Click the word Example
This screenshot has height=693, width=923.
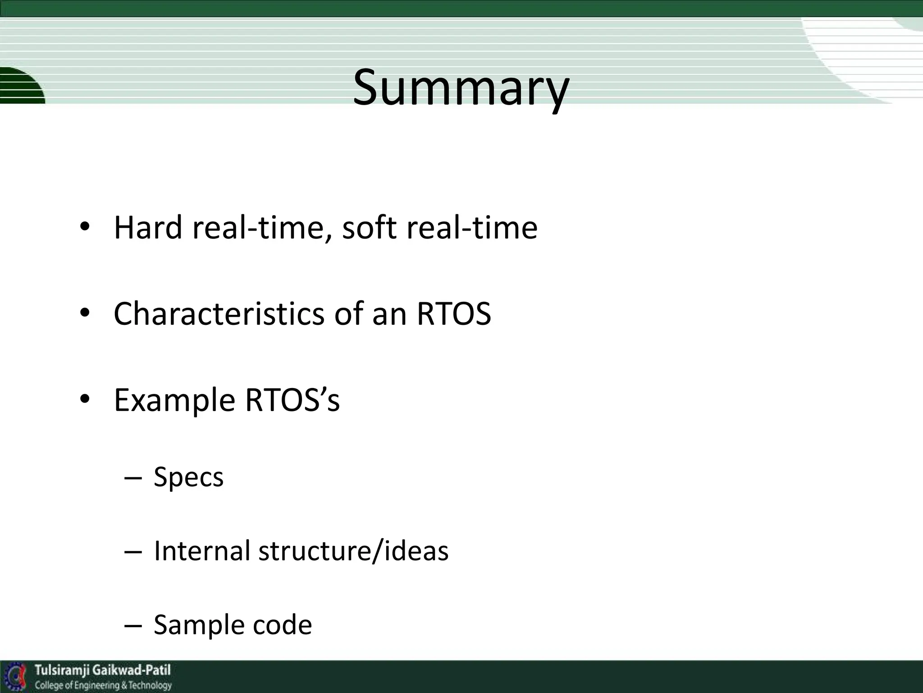tap(174, 400)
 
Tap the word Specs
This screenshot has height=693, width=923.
tap(188, 477)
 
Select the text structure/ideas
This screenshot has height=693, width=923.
tap(353, 551)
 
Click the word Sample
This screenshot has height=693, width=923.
tap(199, 625)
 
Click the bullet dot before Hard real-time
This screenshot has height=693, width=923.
tap(84, 227)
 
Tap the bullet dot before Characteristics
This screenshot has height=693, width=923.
tap(84, 314)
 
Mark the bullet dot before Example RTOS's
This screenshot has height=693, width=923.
tap(84, 400)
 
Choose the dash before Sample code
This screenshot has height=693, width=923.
tap(133, 626)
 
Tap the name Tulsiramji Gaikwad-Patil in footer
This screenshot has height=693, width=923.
tap(103, 670)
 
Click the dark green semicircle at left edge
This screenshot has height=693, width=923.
tap(20, 86)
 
